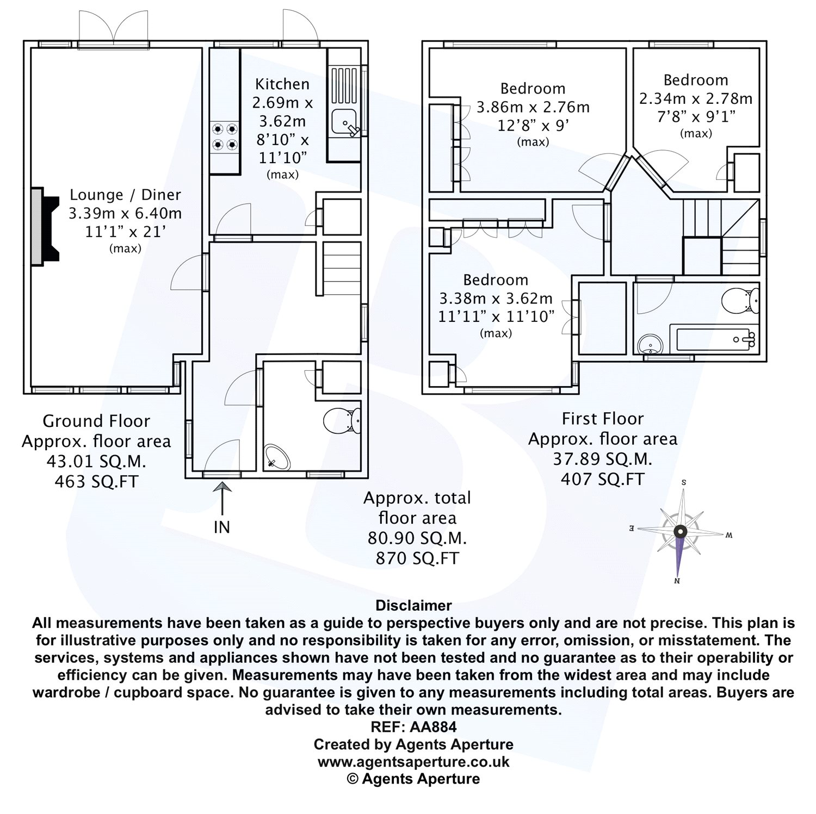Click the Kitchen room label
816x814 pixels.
(282, 84)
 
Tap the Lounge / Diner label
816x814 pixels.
(125, 195)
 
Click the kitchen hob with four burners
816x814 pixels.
(225, 137)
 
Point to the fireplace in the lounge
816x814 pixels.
(44, 227)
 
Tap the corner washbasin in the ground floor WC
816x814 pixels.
(277, 457)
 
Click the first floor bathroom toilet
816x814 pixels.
(740, 300)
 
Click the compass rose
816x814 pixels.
(680, 532)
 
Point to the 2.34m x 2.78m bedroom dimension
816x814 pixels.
(696, 99)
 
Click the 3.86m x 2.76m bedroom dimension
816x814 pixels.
(533, 107)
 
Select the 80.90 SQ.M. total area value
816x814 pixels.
(417, 538)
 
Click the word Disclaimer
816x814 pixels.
(413, 606)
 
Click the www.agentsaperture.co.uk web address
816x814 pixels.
(413, 762)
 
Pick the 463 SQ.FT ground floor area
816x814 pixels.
(96, 481)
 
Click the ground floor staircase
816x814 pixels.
(342, 269)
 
